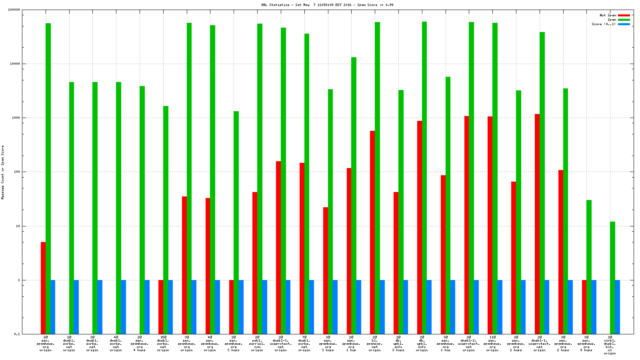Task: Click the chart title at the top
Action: click(x=327, y=5)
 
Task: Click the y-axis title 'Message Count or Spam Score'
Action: click(x=2, y=172)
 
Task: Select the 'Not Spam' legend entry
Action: click(x=608, y=15)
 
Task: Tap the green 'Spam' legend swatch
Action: click(x=624, y=20)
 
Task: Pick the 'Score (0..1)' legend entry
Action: click(x=604, y=24)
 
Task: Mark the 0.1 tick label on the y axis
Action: click(x=17, y=334)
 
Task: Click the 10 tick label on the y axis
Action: click(x=18, y=226)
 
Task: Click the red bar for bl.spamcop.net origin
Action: click(x=372, y=232)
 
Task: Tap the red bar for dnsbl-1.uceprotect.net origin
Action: click(x=537, y=224)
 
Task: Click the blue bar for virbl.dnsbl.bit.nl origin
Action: click(x=617, y=307)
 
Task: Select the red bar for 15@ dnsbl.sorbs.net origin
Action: click(x=161, y=307)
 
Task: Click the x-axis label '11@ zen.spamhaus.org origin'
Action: click(x=492, y=344)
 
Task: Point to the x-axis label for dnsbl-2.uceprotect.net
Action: click(x=469, y=344)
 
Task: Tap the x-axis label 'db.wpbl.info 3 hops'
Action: click(x=398, y=344)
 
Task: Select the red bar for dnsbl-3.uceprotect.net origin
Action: click(x=278, y=248)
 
